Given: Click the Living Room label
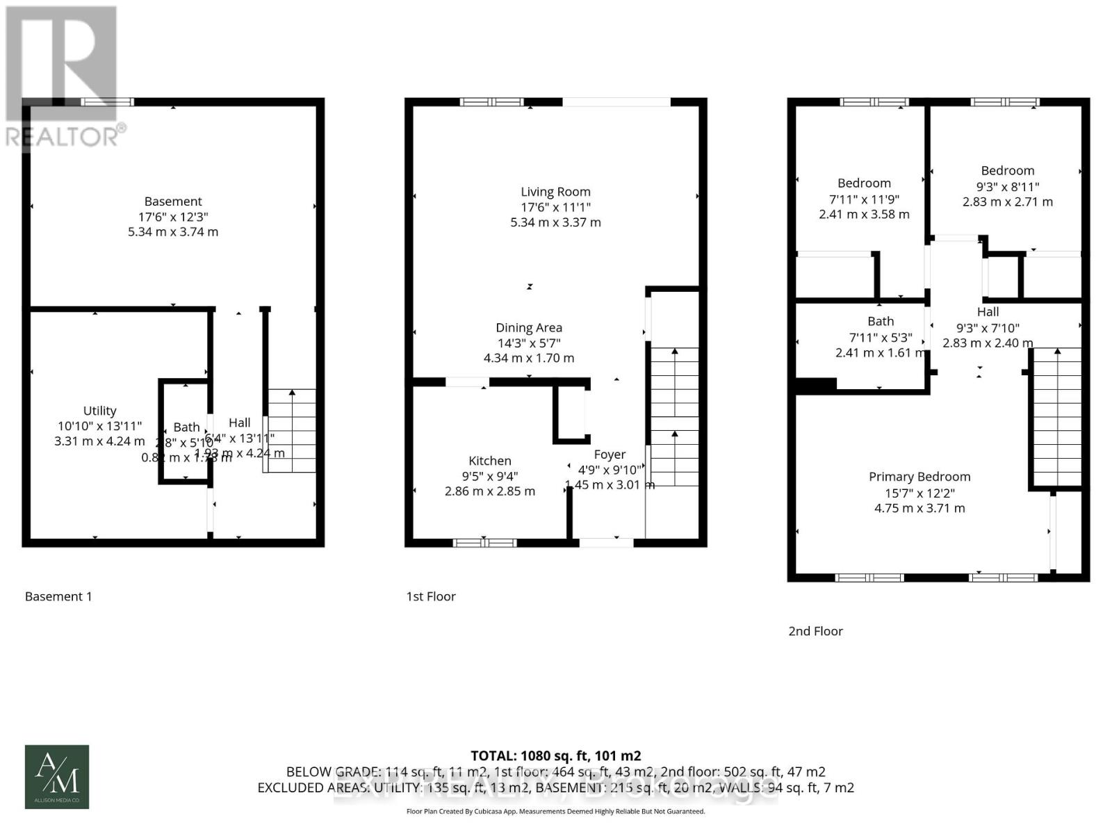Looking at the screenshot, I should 555,192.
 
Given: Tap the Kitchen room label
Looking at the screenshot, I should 490,461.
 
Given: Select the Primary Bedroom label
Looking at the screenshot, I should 919,477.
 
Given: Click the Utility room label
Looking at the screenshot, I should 99,411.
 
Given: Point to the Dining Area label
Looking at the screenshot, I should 529,328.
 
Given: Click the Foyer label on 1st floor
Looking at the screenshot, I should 610,455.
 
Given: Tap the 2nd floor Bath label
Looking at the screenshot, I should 881,321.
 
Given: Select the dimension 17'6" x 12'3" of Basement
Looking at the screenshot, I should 173,217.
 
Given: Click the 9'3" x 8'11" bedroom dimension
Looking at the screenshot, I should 1007,186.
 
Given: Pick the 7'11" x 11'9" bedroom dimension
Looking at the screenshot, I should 864,199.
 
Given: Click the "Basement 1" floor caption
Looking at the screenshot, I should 58,596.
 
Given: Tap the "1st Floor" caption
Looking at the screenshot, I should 431,596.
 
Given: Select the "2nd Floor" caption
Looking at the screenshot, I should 815,631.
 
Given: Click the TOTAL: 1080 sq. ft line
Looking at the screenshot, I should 555,755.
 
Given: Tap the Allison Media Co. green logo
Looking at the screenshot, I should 57,777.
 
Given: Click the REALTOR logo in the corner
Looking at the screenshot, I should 63,76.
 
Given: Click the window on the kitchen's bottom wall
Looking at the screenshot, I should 484,543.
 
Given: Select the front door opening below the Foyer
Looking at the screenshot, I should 606,543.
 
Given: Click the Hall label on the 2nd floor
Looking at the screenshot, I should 988,312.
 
